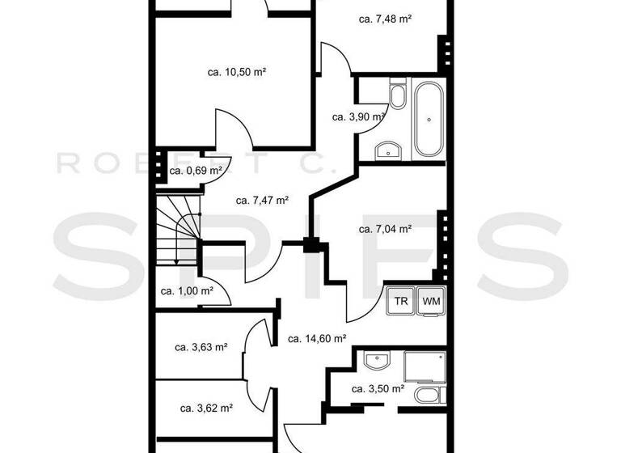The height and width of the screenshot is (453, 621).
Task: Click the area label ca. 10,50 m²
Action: click(237, 72)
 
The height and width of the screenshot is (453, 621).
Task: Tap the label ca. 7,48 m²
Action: click(386, 19)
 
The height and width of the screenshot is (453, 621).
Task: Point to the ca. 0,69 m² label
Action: click(196, 171)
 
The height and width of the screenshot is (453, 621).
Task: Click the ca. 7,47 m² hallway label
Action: click(262, 201)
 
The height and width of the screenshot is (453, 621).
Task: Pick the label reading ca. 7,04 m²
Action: click(385, 229)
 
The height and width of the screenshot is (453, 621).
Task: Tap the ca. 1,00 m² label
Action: click(187, 291)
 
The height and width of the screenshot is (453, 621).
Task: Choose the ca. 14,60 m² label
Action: click(317, 339)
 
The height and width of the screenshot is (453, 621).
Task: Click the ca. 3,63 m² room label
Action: click(201, 348)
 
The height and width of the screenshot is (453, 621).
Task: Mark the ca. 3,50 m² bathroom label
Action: click(378, 389)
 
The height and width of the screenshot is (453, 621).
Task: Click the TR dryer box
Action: click(401, 300)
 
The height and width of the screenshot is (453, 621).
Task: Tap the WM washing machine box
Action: click(431, 300)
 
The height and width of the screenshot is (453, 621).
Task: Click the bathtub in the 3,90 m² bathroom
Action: click(429, 120)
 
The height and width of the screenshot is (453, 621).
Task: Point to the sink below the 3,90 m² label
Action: click(389, 150)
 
